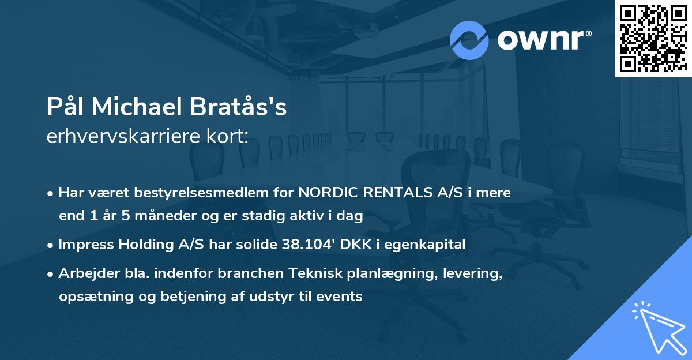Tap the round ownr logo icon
469,40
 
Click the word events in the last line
341,297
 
